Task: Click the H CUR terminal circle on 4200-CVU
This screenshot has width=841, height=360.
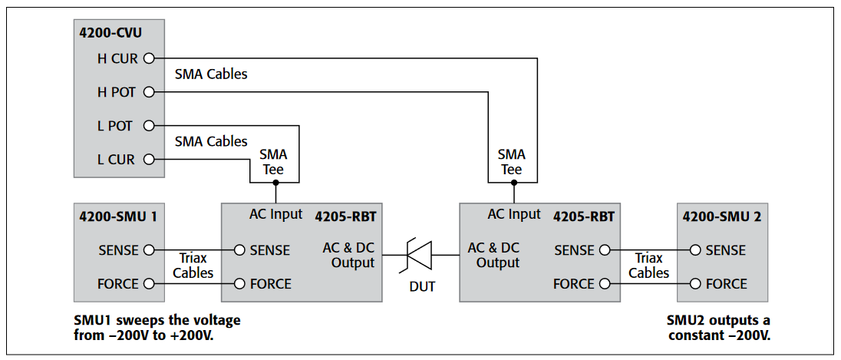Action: [x=149, y=58]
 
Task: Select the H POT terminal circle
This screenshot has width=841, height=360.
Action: [x=149, y=92]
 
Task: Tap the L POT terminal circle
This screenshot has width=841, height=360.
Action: [x=149, y=126]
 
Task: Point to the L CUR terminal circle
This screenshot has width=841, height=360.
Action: [x=149, y=160]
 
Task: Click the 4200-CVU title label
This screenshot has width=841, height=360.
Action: [x=110, y=32]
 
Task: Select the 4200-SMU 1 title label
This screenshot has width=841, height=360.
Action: [x=118, y=216]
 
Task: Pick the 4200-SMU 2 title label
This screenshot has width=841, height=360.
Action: [x=721, y=216]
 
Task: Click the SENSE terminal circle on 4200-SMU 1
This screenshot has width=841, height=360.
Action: [x=149, y=250]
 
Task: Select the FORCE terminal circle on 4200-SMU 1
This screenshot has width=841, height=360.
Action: [x=149, y=284]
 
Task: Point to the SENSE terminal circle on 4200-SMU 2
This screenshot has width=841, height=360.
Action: [x=695, y=250]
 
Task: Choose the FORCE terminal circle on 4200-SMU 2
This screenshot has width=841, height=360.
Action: [x=695, y=284]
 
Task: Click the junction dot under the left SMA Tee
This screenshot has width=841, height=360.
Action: [x=275, y=183]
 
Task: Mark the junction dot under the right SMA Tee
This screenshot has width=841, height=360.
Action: [x=513, y=183]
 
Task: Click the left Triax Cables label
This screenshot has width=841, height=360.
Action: [x=193, y=266]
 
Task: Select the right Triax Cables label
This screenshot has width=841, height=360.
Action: [x=649, y=266]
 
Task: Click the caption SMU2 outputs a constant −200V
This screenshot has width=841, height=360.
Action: [x=719, y=326]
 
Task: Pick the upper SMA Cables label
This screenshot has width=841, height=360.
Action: [x=211, y=75]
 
